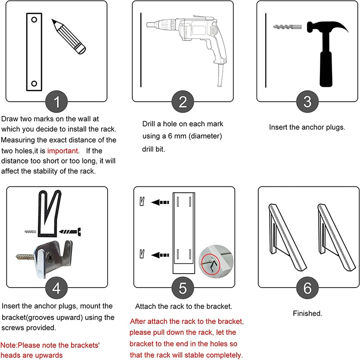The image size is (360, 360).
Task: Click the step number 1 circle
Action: [x=57, y=102]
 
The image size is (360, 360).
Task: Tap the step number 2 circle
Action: [x=182, y=102]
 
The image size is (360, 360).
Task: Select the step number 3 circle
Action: [x=307, y=102]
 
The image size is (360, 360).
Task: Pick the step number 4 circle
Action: [x=57, y=288]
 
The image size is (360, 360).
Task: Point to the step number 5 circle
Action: [x=182, y=288]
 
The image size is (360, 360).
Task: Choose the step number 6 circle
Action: [x=307, y=288]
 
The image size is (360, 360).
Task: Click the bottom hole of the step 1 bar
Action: [x=33, y=83]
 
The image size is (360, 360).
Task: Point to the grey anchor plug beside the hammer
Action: [x=284, y=27]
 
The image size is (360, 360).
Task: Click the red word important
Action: [x=63, y=151]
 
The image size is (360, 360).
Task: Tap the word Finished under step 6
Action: [x=307, y=313]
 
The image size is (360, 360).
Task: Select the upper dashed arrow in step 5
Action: [x=160, y=202]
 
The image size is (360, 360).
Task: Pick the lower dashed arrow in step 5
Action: [x=160, y=255]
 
